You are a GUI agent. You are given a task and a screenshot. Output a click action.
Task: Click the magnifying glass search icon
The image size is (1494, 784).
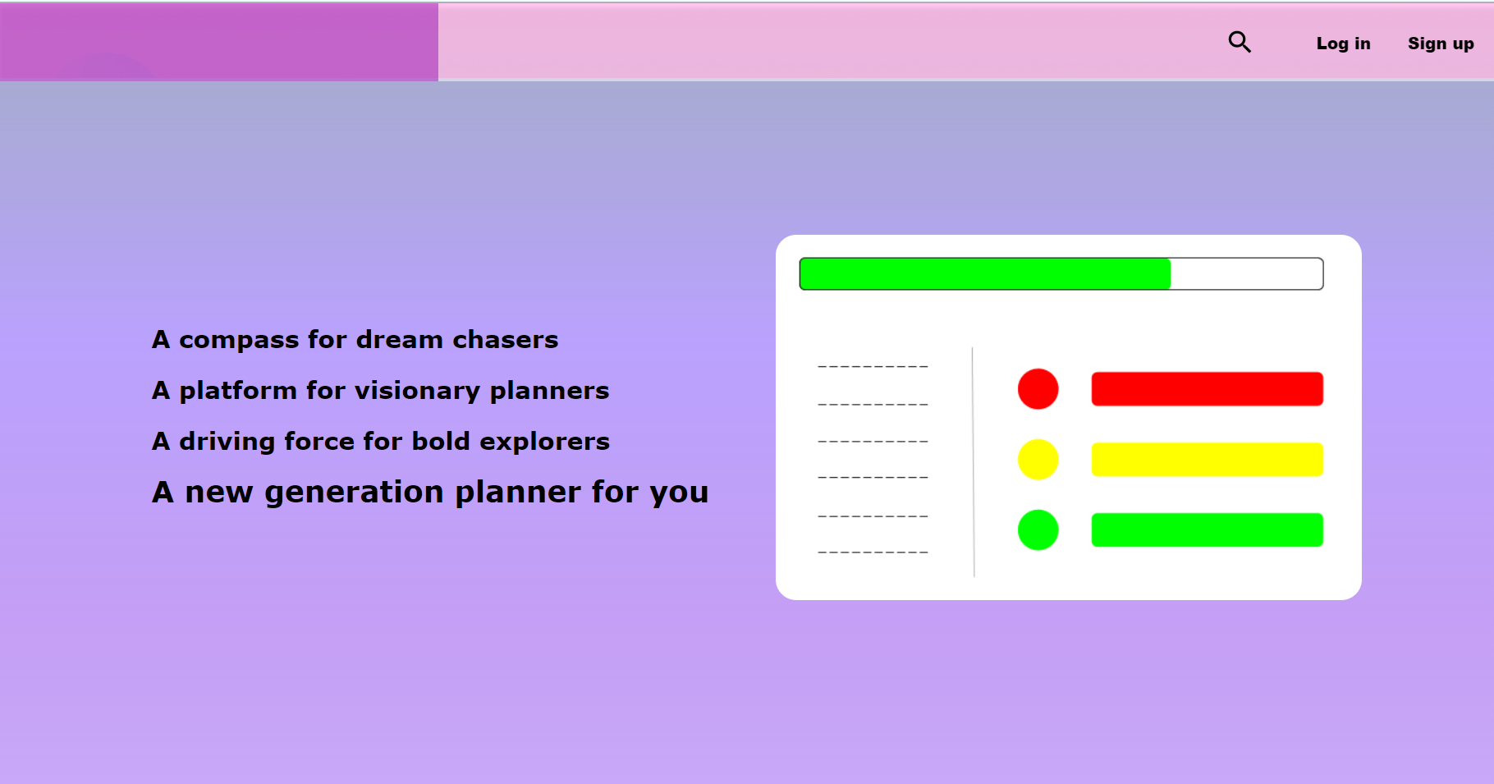coord(1240,42)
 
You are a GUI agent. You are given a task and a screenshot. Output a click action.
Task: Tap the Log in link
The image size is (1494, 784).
coord(1343,44)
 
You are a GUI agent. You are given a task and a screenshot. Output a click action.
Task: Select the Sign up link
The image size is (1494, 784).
coord(1441,44)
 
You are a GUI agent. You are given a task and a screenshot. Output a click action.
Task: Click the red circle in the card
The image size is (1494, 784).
coord(1038,389)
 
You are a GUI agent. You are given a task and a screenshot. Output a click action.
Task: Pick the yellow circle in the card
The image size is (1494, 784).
coord(1038,460)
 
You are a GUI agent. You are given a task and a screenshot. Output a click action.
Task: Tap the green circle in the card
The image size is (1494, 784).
coord(1038,530)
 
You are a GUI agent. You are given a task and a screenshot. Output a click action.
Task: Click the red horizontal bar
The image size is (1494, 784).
coord(1208,389)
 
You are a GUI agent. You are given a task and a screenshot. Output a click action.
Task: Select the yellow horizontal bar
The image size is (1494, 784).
coord(1208,460)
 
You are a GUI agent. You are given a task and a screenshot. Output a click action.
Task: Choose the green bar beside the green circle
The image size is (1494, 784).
coord(1208,530)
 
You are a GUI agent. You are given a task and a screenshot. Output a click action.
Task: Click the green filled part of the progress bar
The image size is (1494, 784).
coord(985,274)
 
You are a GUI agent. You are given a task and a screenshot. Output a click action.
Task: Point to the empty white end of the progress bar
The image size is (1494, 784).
coord(1247,274)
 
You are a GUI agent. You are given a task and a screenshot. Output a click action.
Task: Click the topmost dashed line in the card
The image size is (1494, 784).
coord(873,366)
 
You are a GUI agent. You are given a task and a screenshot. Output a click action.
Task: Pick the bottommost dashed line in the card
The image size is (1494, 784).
coord(873,552)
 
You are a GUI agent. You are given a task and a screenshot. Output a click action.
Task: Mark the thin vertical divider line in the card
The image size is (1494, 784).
coord(974,462)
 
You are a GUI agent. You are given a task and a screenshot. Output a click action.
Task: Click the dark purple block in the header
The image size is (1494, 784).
coord(219,42)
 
